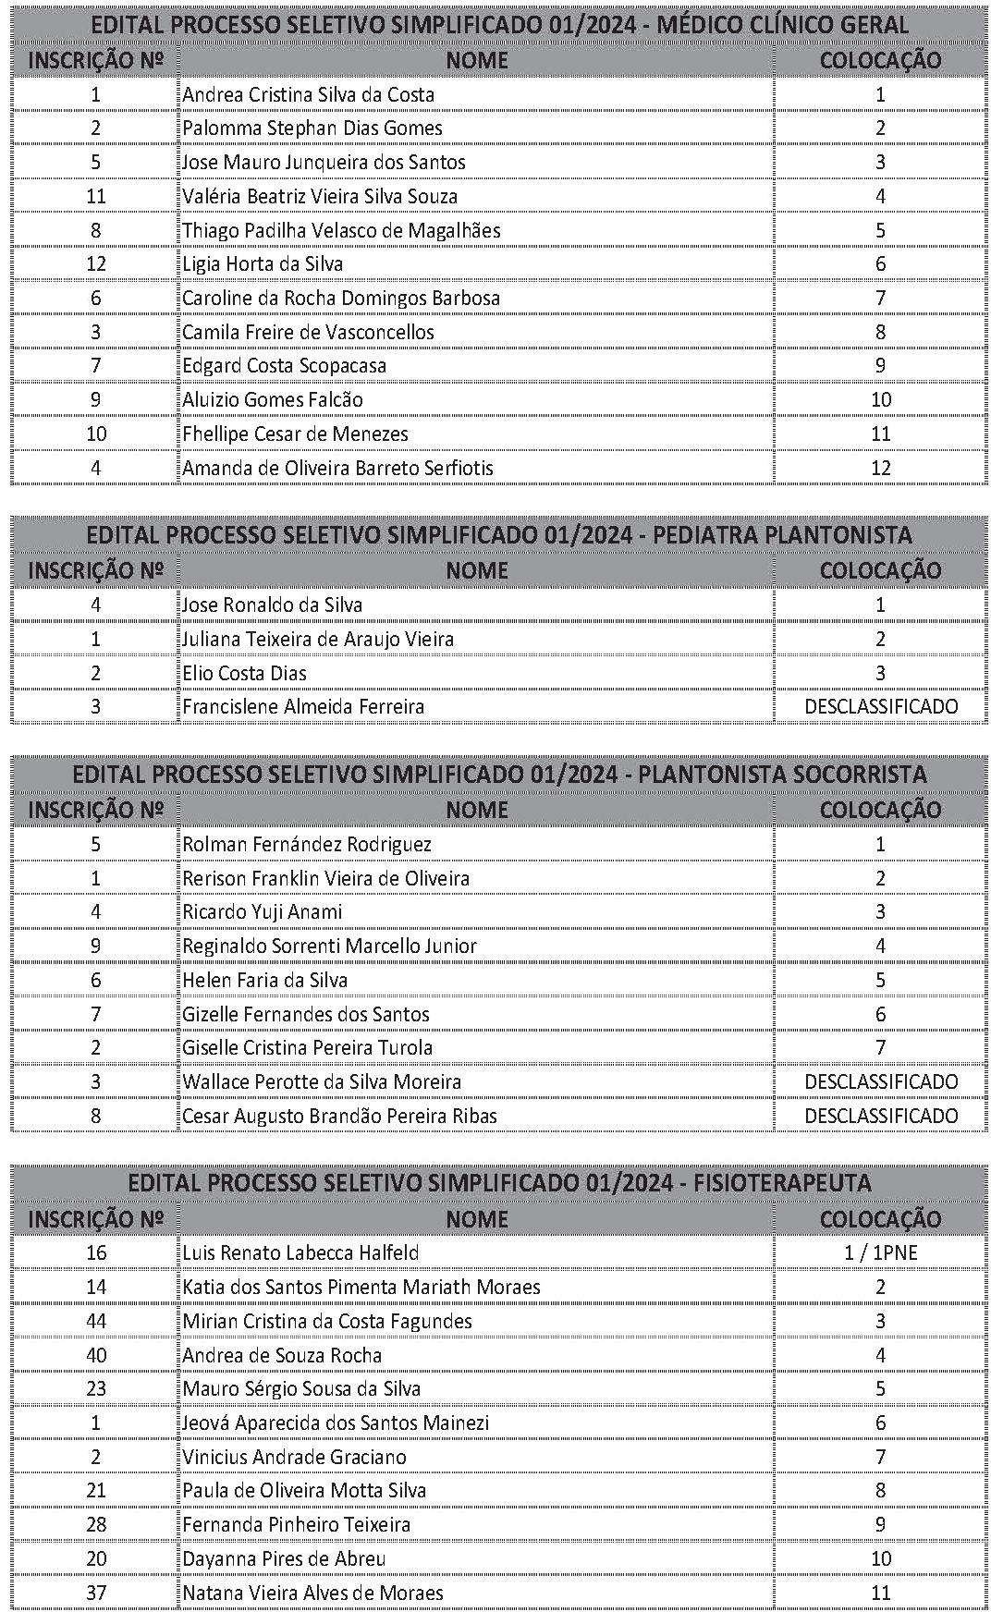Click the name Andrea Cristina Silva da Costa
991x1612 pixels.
pos(308,94)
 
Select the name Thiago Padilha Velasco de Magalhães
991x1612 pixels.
pos(341,230)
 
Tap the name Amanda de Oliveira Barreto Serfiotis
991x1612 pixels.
pos(337,468)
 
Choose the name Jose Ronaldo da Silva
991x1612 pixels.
pos(272,604)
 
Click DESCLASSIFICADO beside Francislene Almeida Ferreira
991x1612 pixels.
pos(881,707)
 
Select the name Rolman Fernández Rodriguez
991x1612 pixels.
pos(307,844)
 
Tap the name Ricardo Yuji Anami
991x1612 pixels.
pos(263,911)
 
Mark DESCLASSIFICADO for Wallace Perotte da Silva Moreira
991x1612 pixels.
pos(881,1081)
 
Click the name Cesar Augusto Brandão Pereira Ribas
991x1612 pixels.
pos(339,1116)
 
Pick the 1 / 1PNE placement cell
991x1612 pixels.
pos(881,1252)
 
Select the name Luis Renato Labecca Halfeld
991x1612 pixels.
pos(300,1252)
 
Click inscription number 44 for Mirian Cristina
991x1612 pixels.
pos(96,1321)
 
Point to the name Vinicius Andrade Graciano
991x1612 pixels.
pos(294,1457)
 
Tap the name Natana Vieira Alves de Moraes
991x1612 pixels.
pos(312,1593)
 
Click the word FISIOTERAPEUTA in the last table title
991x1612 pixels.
pos(786,1183)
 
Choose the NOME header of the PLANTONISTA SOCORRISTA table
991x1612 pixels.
pos(477,810)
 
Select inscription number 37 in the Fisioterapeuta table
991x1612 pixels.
pos(96,1593)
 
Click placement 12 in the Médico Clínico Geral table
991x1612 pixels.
pos(881,468)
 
